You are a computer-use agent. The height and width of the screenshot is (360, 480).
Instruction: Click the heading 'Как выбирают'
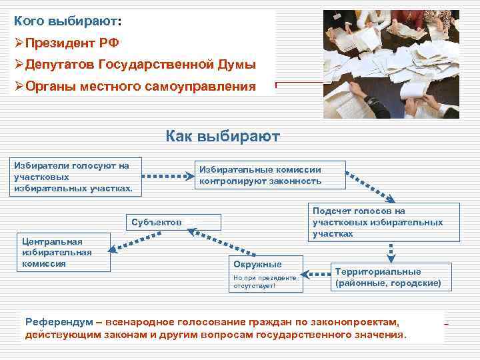point(223,137)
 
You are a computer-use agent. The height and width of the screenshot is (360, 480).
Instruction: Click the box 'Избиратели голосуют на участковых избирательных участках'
point(73,177)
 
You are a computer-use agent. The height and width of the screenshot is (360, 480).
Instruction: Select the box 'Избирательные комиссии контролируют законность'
point(269,175)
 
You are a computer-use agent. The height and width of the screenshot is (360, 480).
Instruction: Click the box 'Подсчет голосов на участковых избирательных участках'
point(377,223)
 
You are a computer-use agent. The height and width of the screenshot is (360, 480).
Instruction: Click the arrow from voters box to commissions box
point(166,177)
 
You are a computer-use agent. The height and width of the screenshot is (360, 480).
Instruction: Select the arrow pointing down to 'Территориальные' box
point(391,251)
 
